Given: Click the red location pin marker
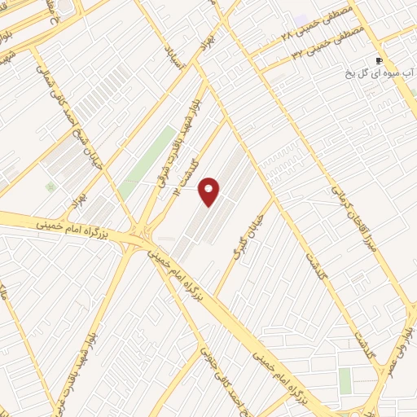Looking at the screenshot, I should point(210,191).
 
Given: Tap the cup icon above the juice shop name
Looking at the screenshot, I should point(379,61).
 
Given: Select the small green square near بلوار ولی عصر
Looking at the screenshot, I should point(345,379).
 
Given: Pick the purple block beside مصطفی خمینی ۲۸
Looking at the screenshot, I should point(302,19).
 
